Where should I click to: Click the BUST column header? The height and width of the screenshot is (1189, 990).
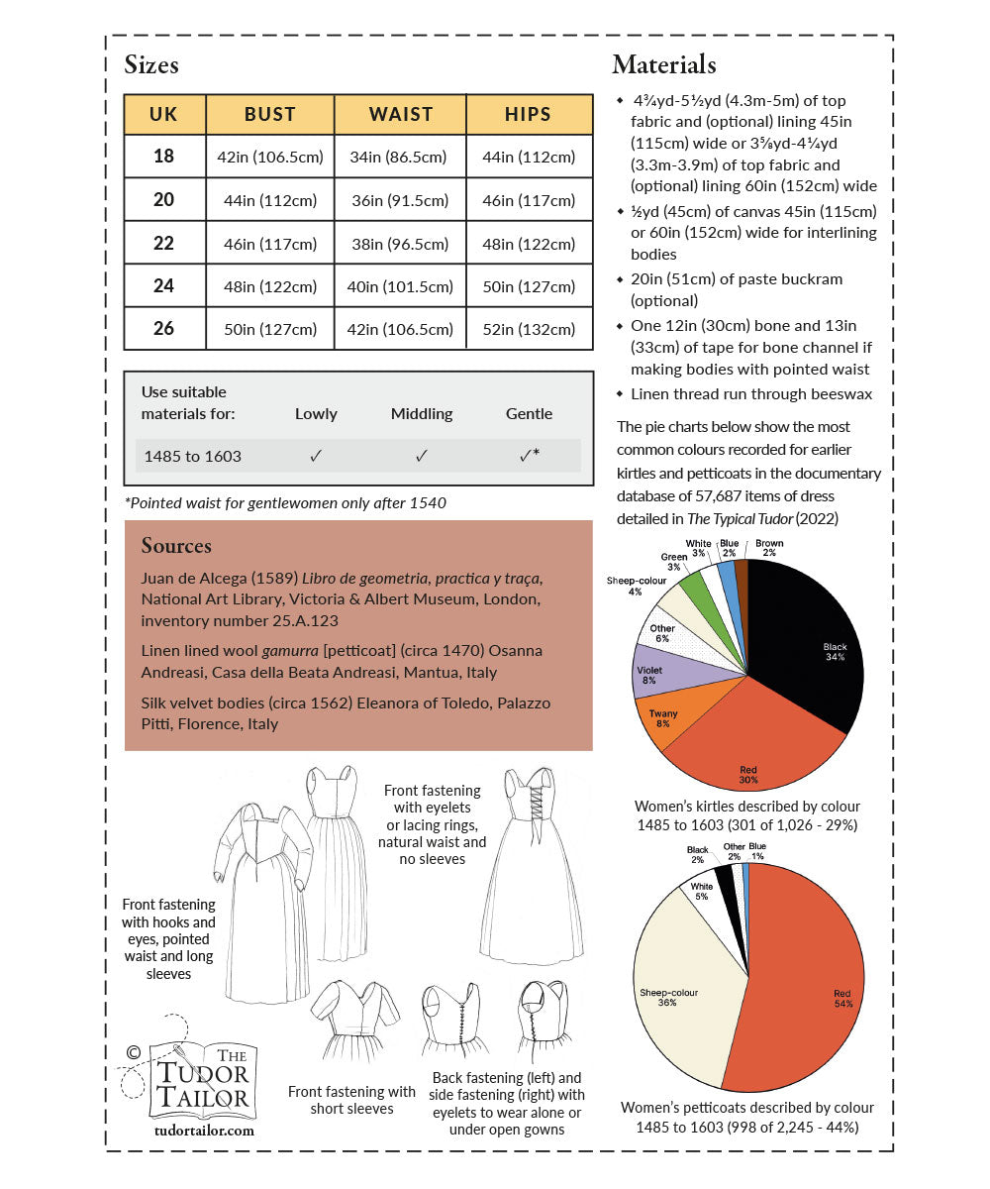coord(269,114)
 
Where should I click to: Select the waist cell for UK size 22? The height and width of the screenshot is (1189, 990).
coord(400,244)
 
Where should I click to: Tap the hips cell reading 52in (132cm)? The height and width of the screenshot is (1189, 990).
coord(528,329)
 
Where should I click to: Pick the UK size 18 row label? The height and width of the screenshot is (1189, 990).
coord(163,157)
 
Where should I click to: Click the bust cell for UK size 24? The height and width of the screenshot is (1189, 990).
coord(270,286)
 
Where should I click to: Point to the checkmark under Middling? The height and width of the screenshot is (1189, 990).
coord(421,456)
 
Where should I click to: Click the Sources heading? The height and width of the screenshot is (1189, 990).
coord(176,546)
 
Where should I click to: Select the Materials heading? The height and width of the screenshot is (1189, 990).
coord(663,65)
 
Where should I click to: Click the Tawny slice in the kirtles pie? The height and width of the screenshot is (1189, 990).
coord(665,715)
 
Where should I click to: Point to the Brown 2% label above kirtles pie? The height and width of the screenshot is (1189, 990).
coord(769,548)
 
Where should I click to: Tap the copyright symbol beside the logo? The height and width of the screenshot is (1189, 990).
coord(133,1052)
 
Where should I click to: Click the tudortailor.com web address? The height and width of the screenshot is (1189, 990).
coord(205,1129)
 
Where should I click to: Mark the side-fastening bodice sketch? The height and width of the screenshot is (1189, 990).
coord(540,1021)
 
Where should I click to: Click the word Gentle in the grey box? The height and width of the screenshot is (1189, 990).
coord(529,413)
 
